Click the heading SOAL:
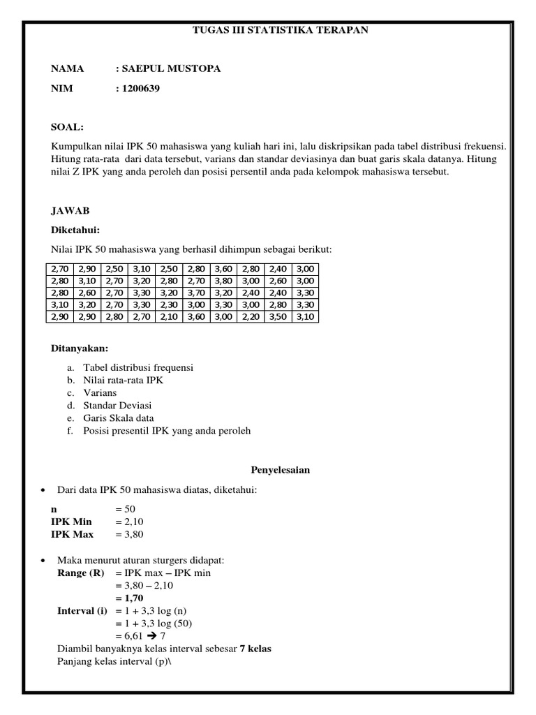tap(67, 127)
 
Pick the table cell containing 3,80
tap(223, 281)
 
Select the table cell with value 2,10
tap(169, 316)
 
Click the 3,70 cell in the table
tap(196, 293)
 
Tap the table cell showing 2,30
tap(169, 304)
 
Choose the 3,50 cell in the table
tap(278, 316)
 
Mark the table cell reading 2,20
tap(251, 316)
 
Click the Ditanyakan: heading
tap(80, 348)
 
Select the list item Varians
tap(100, 392)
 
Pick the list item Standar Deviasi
tap(117, 405)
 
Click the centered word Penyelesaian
tap(280, 470)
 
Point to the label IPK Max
tap(72, 534)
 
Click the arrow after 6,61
tap(151, 636)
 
